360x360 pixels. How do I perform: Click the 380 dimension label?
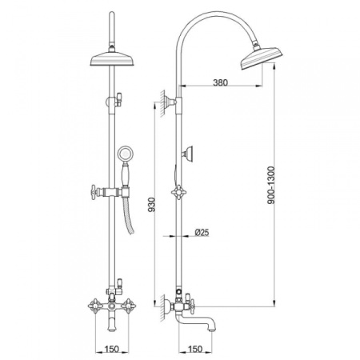coord(221,82)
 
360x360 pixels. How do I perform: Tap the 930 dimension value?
coord(151,205)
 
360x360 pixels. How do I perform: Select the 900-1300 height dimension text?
coord(270,185)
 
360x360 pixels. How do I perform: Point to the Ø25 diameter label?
coord(202,233)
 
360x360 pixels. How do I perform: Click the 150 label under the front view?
coord(111,349)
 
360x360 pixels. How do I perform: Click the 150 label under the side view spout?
coord(195,349)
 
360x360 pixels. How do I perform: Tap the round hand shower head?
coord(124,154)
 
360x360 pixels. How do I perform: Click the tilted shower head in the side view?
coord(262,58)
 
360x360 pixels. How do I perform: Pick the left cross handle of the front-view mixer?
coord(95,306)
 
